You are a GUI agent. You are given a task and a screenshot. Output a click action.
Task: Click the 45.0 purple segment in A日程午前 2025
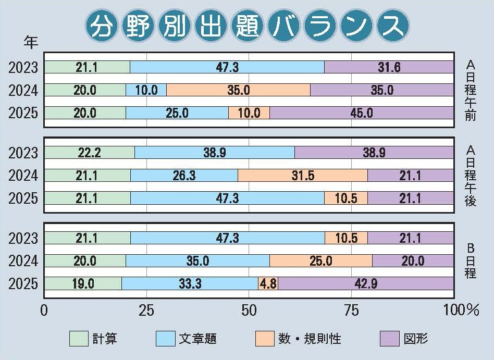[361, 113]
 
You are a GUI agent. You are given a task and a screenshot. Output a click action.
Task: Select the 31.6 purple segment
[389, 67]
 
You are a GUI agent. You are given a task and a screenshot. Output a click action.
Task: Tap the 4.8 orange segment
[268, 283]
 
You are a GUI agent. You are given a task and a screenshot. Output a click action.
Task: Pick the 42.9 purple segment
[366, 283]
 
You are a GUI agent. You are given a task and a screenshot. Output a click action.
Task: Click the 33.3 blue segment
[190, 283]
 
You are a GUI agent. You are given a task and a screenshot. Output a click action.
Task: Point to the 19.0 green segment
[83, 283]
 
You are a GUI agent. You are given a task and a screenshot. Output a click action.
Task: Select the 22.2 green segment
[89, 152]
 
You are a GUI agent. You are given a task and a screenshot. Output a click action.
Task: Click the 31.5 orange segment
[302, 175]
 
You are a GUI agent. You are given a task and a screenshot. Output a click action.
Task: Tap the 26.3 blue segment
[184, 175]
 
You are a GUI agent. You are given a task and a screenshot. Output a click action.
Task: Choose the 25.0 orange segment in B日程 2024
[321, 260]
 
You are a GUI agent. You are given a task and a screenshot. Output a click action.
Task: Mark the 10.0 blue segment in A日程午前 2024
[146, 90]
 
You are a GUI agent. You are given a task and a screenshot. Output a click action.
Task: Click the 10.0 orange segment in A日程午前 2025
[249, 113]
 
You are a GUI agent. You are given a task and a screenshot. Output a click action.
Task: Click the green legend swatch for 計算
[79, 339]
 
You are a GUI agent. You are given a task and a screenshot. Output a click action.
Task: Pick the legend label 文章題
[198, 339]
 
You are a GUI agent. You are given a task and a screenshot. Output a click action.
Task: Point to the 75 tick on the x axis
[352, 311]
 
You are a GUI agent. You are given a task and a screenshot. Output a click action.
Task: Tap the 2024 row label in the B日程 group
[23, 260]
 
